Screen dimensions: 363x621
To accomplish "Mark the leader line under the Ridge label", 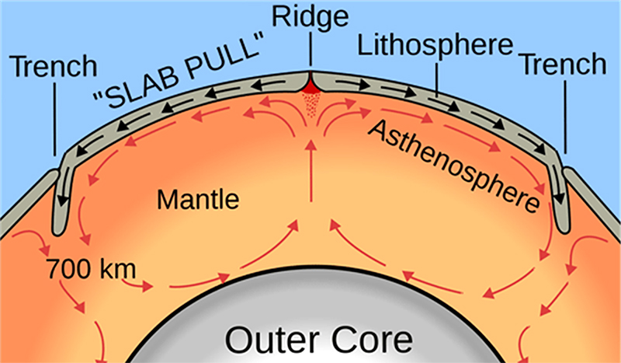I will [309, 53].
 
